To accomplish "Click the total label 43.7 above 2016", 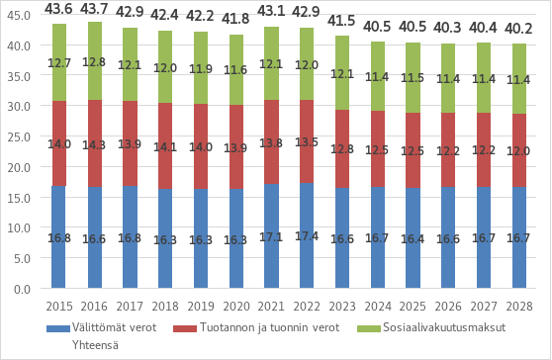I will coord(94,8).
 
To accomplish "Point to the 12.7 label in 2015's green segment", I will coord(59,64).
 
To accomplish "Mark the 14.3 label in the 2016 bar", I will coord(94,144).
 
